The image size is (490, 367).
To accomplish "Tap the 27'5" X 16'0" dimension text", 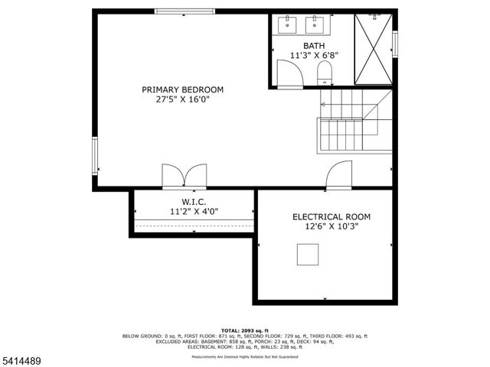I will tap(182, 99).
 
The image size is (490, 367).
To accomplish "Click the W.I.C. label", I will tap(194, 201).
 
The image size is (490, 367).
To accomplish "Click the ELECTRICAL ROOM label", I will tap(326, 216).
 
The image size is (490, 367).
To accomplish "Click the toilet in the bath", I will tap(323, 73).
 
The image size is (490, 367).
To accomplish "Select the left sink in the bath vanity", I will tap(288, 24).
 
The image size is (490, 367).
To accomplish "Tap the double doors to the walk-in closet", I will tap(184, 176).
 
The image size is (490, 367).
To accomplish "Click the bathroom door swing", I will tap(289, 74).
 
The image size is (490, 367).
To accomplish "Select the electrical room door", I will tap(338, 177).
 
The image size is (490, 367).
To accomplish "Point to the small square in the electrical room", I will tap(308, 254).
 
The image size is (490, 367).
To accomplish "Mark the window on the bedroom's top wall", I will tap(184, 11).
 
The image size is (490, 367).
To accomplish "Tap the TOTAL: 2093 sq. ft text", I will tap(244, 330).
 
